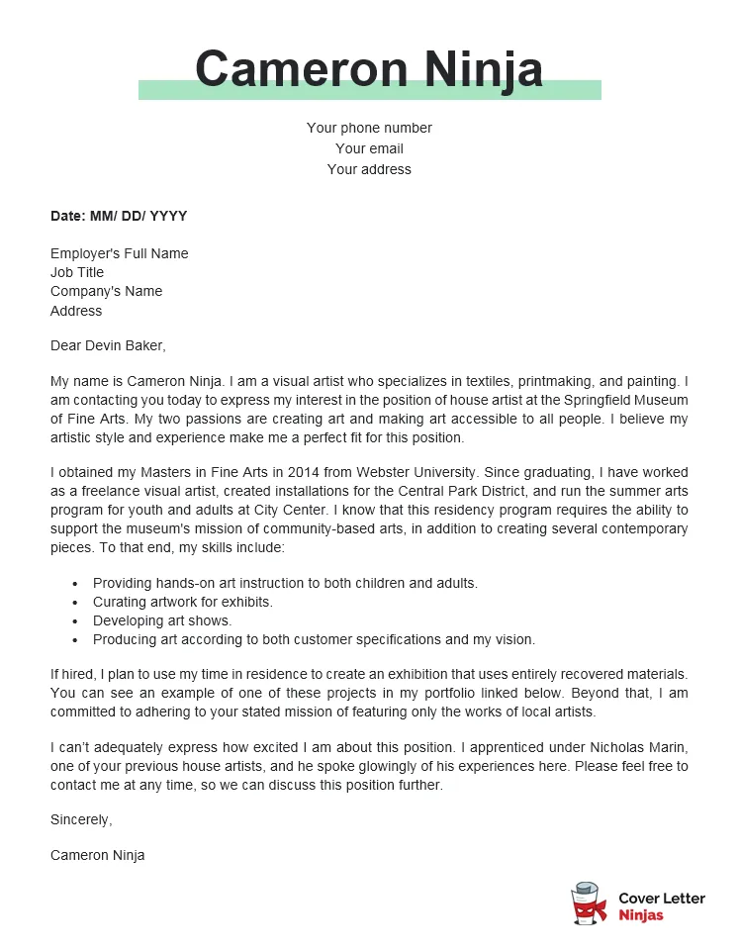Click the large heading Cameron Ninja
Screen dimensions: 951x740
[x=369, y=69]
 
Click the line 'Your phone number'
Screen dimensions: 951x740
[x=369, y=128]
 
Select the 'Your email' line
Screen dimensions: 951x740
[x=369, y=148]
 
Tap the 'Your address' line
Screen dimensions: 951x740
[x=369, y=169]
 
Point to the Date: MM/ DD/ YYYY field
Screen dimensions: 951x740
[x=119, y=216]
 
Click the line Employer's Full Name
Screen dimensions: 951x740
[x=119, y=253]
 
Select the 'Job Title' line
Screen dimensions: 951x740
[x=77, y=272]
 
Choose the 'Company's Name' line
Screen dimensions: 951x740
[x=106, y=291]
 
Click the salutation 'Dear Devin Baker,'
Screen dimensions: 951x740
[x=109, y=345]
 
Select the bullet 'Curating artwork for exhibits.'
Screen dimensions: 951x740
[x=183, y=602]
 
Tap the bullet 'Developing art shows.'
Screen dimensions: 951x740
[x=162, y=620]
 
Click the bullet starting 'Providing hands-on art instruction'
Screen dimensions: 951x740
[x=285, y=583]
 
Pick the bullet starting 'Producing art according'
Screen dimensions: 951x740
[x=314, y=639]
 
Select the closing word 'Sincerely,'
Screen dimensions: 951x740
[x=81, y=819]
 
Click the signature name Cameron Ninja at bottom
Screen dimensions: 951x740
[x=97, y=855]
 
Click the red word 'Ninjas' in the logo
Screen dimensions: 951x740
[x=641, y=915]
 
